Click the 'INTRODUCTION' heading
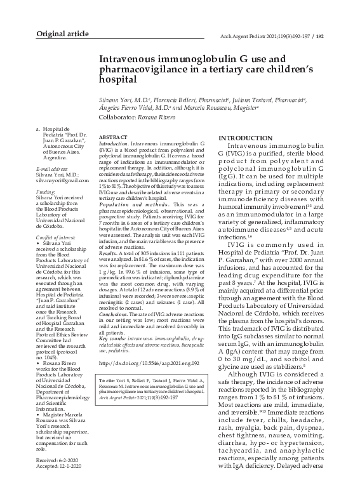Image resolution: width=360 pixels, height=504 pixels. (246, 138)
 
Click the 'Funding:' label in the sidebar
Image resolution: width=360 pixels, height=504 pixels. (46, 191)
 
